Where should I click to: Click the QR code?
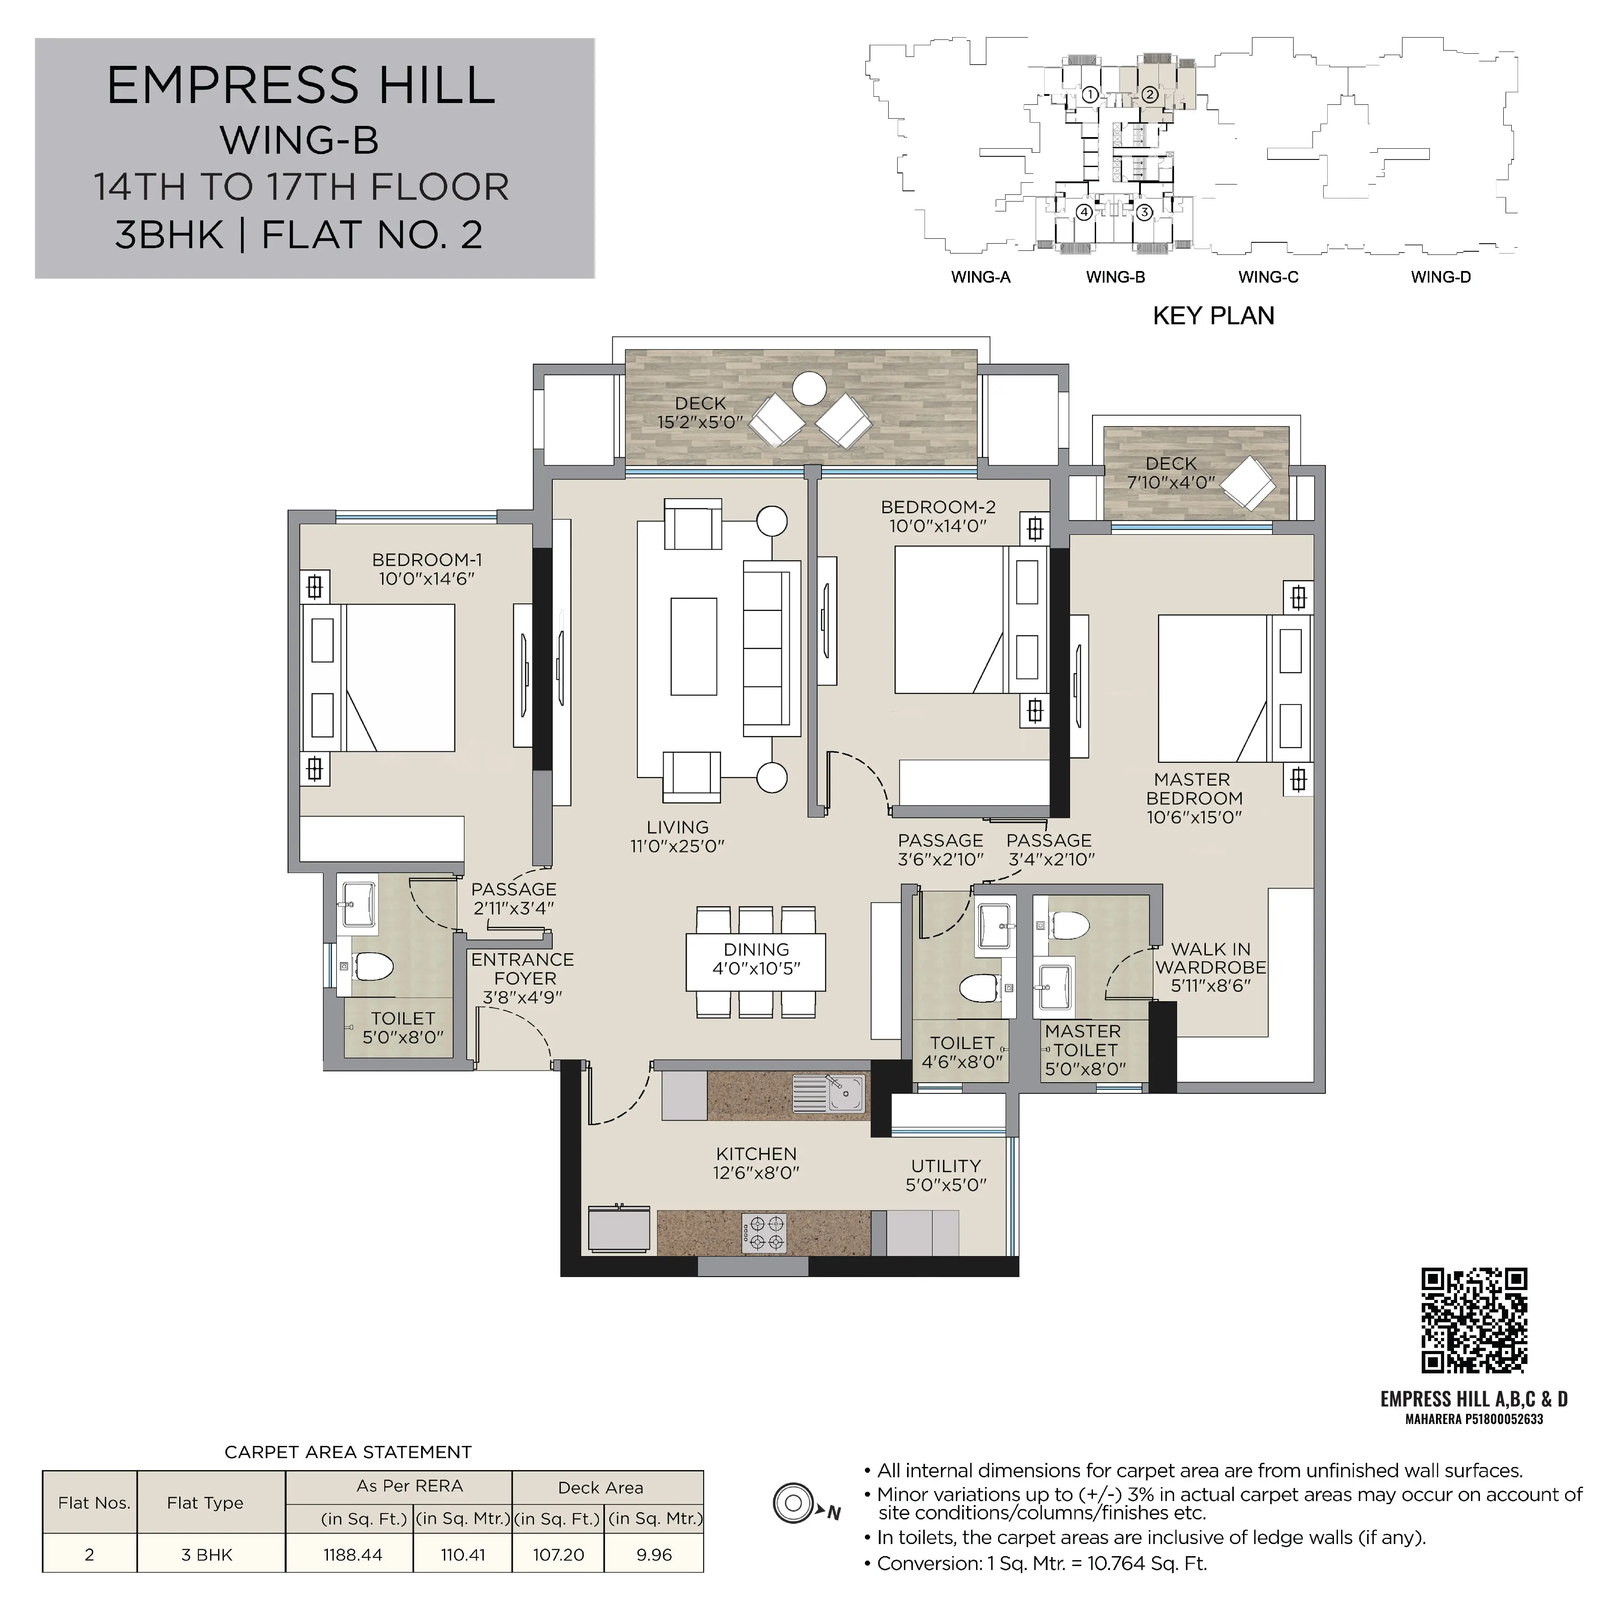(1475, 1320)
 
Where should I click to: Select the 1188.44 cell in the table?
(353, 1555)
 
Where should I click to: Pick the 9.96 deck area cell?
(654, 1555)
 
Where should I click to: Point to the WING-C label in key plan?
(1268, 277)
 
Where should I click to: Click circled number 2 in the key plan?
(1150, 95)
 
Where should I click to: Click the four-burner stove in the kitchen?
(764, 1233)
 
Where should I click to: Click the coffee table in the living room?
(694, 646)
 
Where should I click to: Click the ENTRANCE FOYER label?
(523, 978)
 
